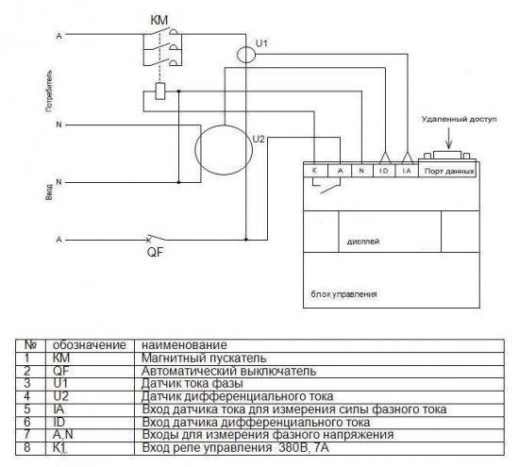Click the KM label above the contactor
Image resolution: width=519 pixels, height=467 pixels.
click(x=159, y=20)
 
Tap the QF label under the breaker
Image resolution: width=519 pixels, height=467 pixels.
click(x=156, y=252)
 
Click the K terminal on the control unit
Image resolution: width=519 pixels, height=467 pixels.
click(x=315, y=171)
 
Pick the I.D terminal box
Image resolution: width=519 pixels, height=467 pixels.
click(x=384, y=171)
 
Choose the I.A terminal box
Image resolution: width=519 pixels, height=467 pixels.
click(x=407, y=171)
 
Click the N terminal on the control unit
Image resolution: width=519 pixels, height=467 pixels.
click(x=361, y=171)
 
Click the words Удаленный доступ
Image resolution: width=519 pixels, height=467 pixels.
click(x=460, y=119)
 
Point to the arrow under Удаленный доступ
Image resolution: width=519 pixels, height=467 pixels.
click(x=449, y=138)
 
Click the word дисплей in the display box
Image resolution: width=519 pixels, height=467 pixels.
click(x=363, y=242)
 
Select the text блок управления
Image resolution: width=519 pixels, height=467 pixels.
click(x=343, y=294)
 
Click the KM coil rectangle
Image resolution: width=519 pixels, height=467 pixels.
click(x=160, y=92)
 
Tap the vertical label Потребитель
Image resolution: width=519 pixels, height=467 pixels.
click(x=49, y=91)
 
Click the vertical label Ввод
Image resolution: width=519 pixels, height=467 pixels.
click(x=49, y=192)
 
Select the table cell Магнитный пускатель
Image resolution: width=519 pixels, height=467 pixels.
click(x=204, y=359)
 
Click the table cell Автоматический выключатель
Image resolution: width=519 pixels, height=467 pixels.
click(x=228, y=371)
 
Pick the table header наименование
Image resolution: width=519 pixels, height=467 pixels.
click(x=184, y=345)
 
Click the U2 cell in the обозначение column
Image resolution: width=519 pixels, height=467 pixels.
click(x=61, y=396)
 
